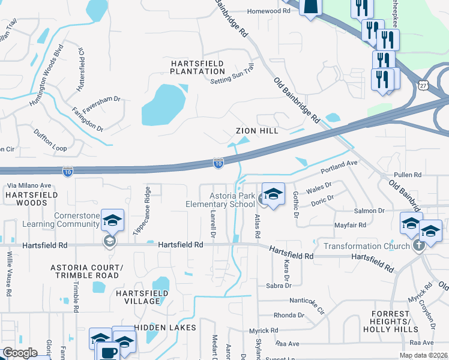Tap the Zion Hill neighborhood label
(x=256, y=131)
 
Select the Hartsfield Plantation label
(x=197, y=67)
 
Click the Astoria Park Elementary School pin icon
(x=273, y=195)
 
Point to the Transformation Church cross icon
(x=419, y=245)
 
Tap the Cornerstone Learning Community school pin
(x=112, y=221)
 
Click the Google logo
(x=20, y=353)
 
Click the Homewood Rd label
(x=268, y=11)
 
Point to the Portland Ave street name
(x=339, y=167)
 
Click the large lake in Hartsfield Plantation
(x=162, y=104)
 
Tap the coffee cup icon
(x=108, y=352)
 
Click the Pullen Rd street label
(x=409, y=175)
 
